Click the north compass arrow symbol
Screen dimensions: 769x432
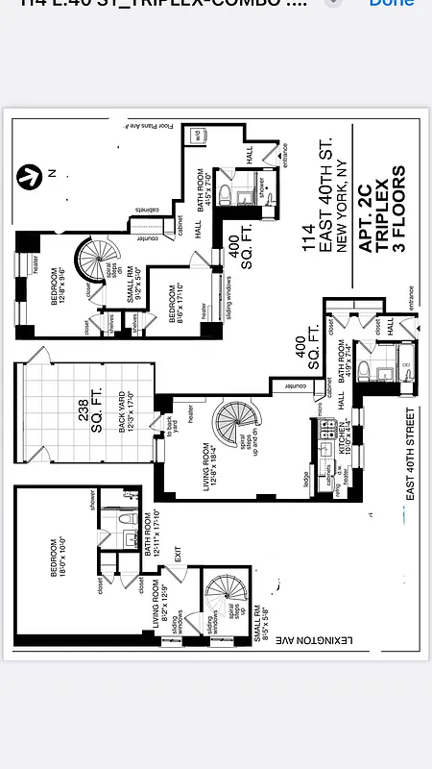click(x=30, y=176)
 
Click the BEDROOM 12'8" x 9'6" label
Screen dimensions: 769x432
click(x=60, y=286)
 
